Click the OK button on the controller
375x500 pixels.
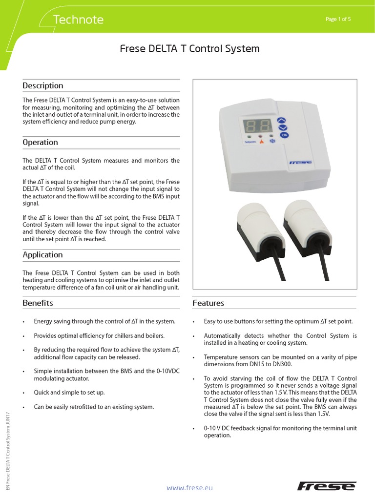[x=284, y=135]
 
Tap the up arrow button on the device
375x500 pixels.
[x=282, y=119]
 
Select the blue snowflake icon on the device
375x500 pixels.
[x=273, y=143]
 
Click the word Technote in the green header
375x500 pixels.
[x=78, y=20]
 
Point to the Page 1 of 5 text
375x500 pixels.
[x=338, y=19]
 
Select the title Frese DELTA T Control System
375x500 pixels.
[x=189, y=49]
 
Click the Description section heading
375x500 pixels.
[x=43, y=85]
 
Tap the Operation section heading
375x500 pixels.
[x=40, y=142]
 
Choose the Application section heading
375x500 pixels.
[x=42, y=254]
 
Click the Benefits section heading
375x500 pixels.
[x=38, y=303]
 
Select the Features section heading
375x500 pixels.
[x=208, y=303]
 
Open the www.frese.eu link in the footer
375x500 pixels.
[x=190, y=487]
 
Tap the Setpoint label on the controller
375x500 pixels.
[x=249, y=143]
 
